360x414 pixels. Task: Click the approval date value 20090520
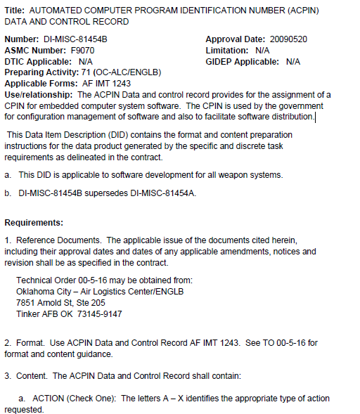[x=288, y=40]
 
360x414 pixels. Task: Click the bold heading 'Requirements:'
[x=34, y=223]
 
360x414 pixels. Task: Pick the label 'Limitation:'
[x=227, y=51]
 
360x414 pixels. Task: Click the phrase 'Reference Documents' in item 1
[x=58, y=240]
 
